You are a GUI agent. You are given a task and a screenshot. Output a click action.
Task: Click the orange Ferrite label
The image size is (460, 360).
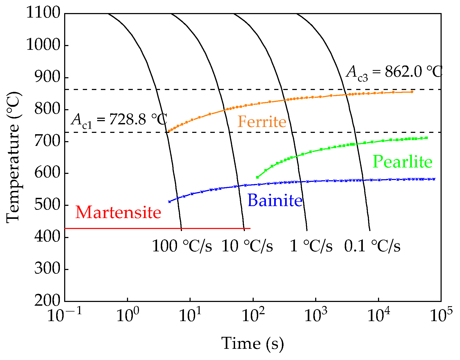click(262, 122)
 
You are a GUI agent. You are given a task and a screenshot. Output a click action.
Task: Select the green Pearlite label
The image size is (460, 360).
click(402, 162)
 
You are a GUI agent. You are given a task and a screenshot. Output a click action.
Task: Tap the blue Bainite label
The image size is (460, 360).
click(275, 201)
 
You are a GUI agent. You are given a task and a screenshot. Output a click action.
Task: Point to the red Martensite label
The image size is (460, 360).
click(118, 212)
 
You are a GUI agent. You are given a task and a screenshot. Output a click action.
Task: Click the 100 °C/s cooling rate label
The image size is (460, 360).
click(182, 246)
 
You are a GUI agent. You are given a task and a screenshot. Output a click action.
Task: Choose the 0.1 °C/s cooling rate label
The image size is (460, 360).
click(372, 246)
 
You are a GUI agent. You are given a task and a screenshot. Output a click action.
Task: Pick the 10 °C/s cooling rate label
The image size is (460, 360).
click(247, 246)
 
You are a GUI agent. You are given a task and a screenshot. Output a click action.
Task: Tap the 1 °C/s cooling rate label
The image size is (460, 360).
click(311, 246)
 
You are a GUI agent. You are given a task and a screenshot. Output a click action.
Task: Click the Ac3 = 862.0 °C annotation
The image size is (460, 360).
click(394, 72)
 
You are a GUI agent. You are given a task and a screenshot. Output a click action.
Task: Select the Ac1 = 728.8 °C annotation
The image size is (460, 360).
click(119, 120)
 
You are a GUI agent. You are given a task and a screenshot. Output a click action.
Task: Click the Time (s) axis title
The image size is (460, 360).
click(252, 343)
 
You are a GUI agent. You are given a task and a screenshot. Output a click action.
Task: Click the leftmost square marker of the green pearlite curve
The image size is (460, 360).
click(257, 177)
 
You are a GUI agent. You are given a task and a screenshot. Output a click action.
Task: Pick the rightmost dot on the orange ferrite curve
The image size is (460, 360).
click(412, 92)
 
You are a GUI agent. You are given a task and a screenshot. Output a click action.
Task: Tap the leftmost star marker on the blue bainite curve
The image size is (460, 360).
click(170, 202)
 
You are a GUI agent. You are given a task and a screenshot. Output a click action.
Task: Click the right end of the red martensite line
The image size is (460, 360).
click(250, 228)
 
